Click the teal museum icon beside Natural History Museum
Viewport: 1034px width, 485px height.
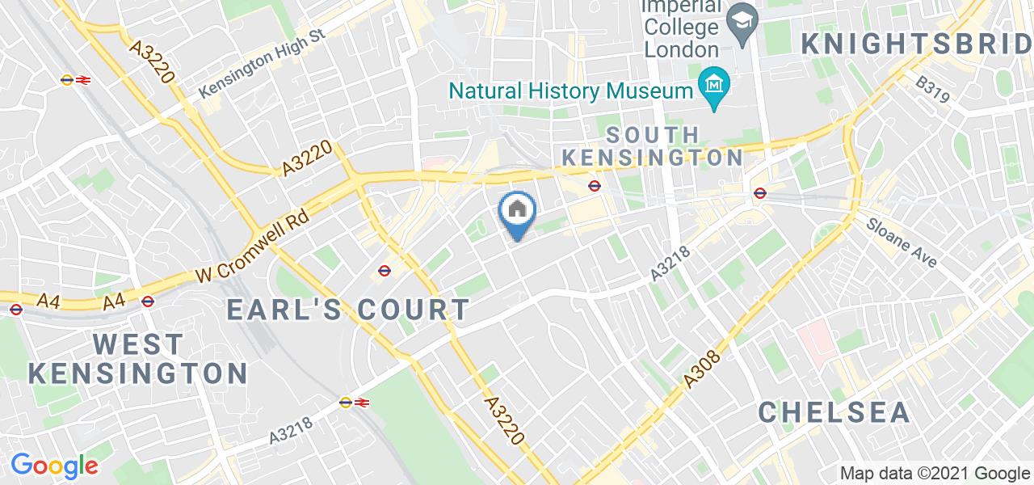point(715,82)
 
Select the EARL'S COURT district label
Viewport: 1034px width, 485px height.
point(348,309)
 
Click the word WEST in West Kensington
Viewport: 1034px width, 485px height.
point(138,344)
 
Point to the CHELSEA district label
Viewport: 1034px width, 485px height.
point(834,411)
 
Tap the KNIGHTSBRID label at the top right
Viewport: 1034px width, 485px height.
point(917,44)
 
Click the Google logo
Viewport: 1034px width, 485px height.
point(54,466)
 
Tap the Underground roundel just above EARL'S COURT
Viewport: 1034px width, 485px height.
point(385,270)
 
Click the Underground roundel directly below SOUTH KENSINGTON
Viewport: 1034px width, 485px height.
point(595,186)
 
